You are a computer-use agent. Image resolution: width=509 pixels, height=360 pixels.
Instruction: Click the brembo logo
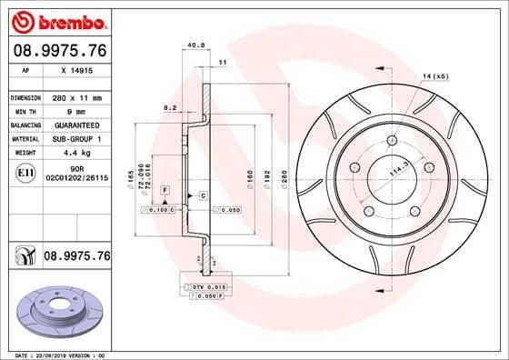pos(56,21)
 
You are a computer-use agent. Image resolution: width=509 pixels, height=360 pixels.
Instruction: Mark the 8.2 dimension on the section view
pos(170,107)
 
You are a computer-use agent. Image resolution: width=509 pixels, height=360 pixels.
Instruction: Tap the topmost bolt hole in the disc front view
pos(390,140)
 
